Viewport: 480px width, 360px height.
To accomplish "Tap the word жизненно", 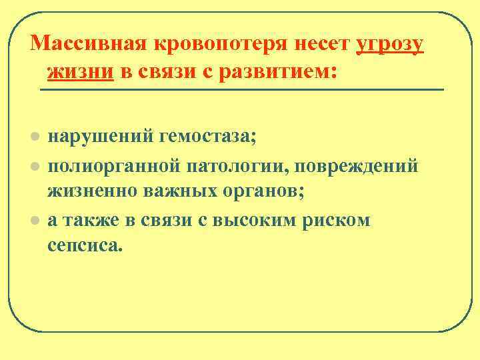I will click(90, 192).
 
